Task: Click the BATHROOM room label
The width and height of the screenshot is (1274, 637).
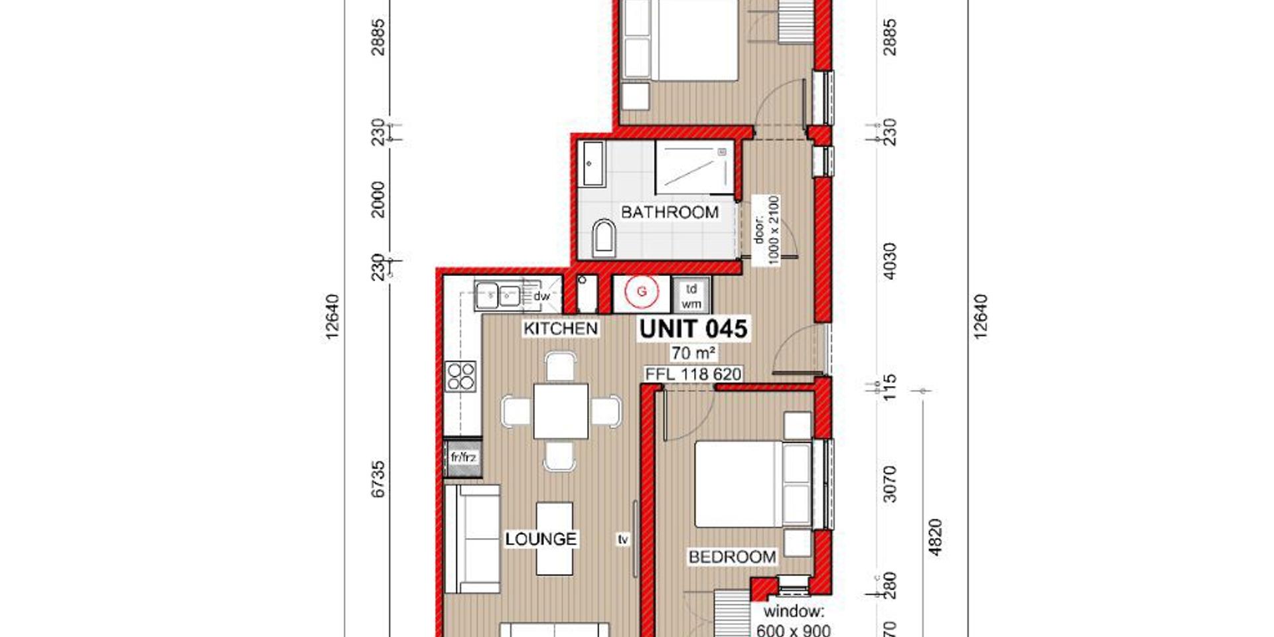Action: (x=670, y=212)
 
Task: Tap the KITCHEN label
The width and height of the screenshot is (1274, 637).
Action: (x=561, y=328)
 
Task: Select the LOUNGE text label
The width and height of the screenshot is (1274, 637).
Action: (x=541, y=539)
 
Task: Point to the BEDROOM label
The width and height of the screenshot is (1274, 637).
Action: (x=732, y=557)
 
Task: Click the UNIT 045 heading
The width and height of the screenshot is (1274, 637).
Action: (x=693, y=328)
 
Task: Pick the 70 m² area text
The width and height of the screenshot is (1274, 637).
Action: (x=693, y=353)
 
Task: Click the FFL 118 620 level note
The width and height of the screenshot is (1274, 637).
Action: (x=693, y=374)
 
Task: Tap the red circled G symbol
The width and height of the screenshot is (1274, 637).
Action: (x=642, y=291)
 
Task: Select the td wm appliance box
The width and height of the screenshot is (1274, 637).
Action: (x=691, y=296)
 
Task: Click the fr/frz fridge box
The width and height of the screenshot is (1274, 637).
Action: (x=463, y=458)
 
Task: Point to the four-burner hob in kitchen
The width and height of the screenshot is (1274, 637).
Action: (x=461, y=376)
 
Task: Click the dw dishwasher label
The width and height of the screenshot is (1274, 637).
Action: (x=542, y=297)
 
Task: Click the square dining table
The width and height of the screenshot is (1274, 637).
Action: (x=561, y=411)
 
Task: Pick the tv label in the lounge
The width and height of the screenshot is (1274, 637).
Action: (x=622, y=539)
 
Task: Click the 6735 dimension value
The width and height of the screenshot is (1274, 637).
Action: (x=378, y=479)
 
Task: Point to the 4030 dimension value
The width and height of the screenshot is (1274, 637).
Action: (x=890, y=261)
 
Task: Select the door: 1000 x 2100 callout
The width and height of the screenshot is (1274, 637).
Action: (x=766, y=230)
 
